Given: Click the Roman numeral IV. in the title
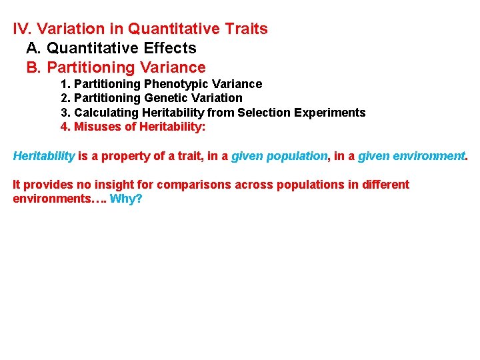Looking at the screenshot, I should point(23,29).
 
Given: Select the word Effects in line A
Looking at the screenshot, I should point(171,49).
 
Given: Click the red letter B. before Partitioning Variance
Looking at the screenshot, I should point(34,68).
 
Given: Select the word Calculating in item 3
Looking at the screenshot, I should point(104,113).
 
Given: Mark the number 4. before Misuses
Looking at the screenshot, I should point(65,127).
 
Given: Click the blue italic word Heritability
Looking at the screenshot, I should point(44,156).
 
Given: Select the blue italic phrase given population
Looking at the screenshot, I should point(279,156).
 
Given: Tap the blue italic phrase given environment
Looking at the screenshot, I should point(411,156).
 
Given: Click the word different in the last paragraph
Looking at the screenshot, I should point(385,185).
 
